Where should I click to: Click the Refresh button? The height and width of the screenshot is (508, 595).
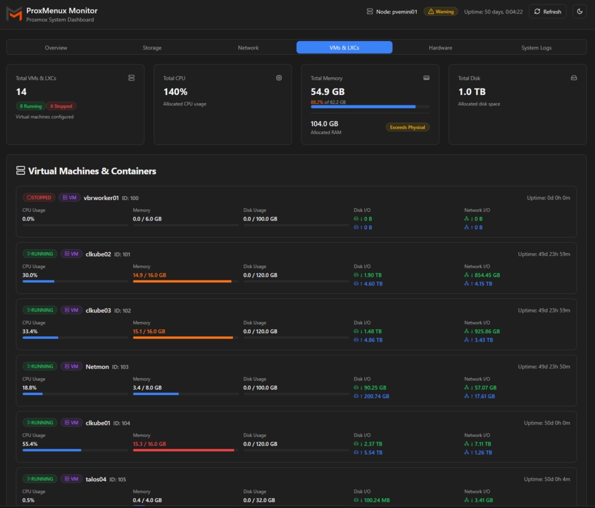click(547, 12)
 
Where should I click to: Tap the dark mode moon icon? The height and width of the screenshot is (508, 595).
click(579, 12)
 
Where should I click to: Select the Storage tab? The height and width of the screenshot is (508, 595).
click(152, 48)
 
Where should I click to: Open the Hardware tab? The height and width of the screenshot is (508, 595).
click(440, 48)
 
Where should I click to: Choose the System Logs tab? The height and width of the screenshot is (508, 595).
click(536, 48)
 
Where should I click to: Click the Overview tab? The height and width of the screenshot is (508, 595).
click(56, 48)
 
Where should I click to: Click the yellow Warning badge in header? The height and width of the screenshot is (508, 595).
click(440, 12)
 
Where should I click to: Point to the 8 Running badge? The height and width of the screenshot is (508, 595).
click(31, 106)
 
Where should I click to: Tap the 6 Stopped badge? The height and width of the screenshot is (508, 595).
click(61, 106)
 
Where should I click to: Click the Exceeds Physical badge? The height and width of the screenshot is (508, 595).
click(407, 127)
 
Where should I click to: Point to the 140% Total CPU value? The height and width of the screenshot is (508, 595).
click(175, 92)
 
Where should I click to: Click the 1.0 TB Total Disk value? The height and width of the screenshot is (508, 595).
click(471, 92)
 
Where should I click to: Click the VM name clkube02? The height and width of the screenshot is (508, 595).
click(98, 254)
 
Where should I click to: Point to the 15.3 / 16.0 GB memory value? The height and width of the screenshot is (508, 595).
click(149, 444)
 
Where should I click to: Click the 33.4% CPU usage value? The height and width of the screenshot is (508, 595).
click(30, 332)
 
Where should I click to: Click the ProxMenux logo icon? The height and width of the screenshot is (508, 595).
click(14, 14)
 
